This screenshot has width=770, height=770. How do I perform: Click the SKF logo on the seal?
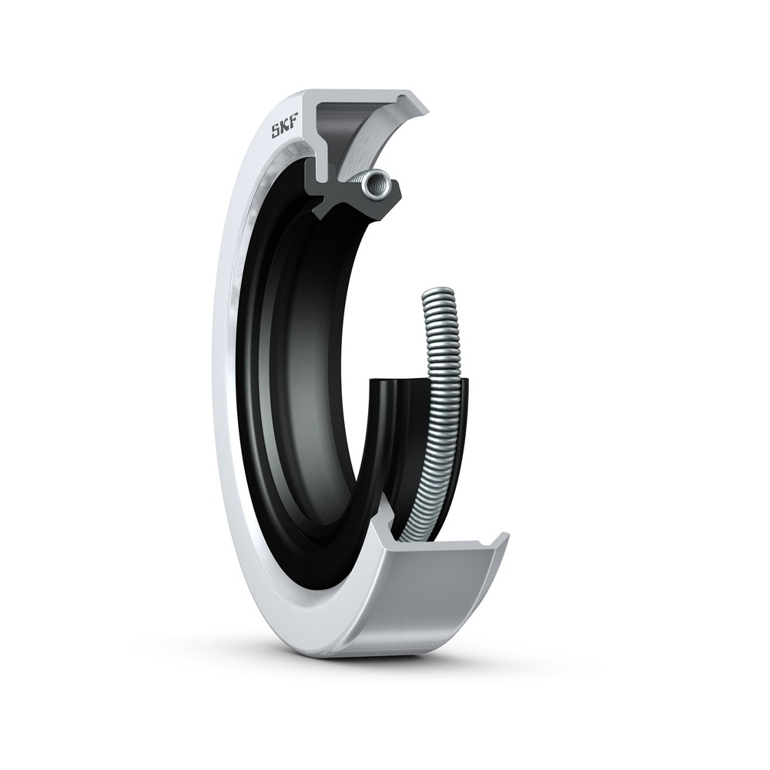(x=286, y=130)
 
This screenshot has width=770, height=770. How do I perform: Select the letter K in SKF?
(x=286, y=130)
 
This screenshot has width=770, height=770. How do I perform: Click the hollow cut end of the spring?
(x=377, y=185)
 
